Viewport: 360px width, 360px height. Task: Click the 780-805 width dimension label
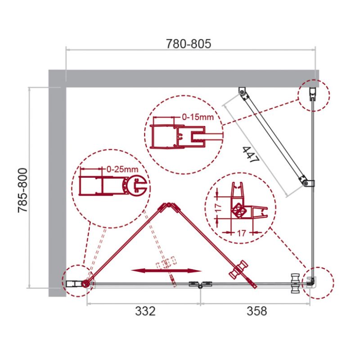point(189,44)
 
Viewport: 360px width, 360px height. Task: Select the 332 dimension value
point(145,311)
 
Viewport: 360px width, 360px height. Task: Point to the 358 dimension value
point(257,311)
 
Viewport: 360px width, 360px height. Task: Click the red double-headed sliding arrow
point(166,271)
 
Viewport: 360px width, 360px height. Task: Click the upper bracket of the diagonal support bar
point(243,93)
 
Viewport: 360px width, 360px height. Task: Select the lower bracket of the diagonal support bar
point(307,183)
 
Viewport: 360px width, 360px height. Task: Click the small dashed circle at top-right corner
point(314,94)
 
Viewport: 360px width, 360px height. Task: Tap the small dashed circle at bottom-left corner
point(76,282)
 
